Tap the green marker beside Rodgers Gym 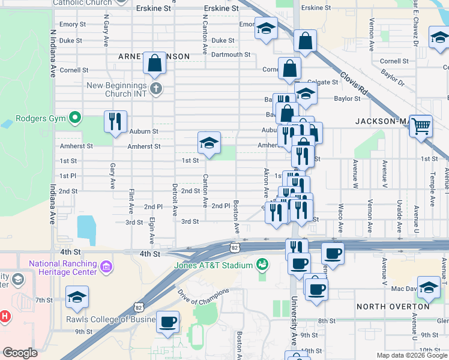(75, 118)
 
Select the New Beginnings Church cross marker (156, 89)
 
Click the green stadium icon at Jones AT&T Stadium (262, 263)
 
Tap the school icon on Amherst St (209, 143)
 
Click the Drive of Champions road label (203, 300)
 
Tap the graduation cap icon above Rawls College (77, 297)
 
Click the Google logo (20, 353)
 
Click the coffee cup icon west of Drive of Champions (167, 322)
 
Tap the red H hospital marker (4, 315)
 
